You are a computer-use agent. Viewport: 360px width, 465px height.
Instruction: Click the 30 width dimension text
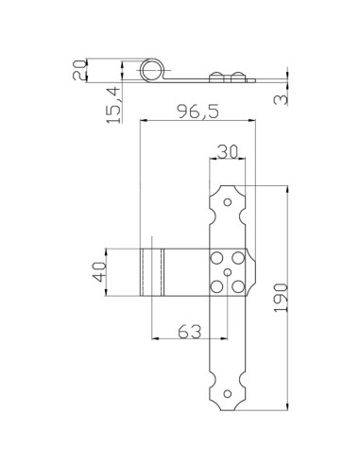[x=227, y=150]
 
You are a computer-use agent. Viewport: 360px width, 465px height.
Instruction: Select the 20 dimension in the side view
[x=79, y=70]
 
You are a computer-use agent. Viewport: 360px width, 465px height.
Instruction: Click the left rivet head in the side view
[x=218, y=76]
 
